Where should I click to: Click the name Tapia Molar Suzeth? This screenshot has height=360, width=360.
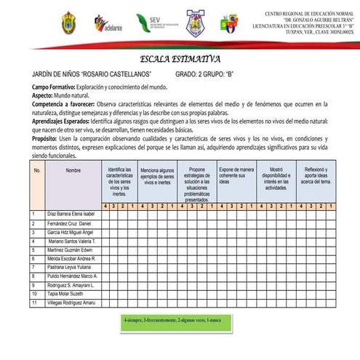[x=65, y=293]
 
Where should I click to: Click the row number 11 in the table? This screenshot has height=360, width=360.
[x=33, y=302]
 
